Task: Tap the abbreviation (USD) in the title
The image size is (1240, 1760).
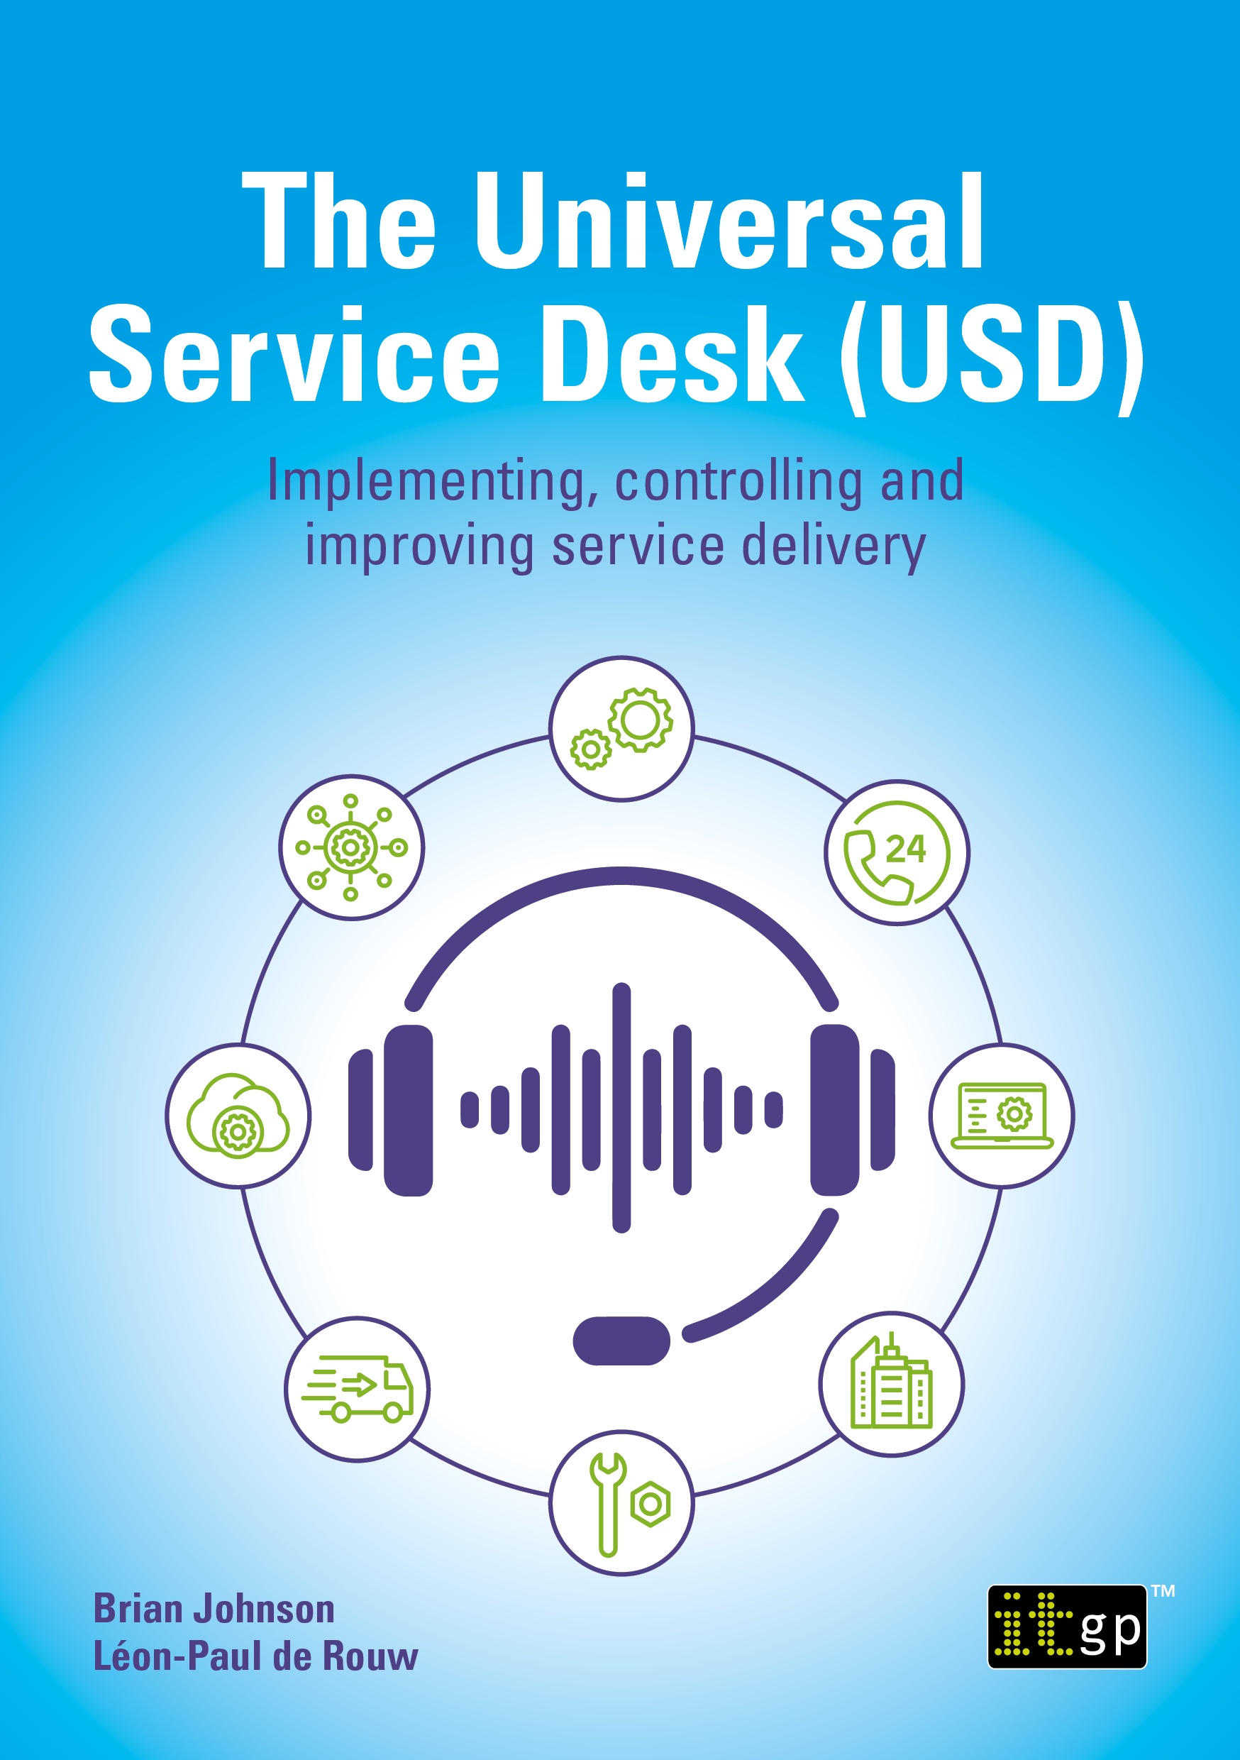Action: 992,356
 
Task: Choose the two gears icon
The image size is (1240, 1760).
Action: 621,728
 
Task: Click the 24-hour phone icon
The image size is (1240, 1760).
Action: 897,853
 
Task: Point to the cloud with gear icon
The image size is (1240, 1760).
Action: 238,1116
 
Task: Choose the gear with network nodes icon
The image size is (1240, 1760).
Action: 351,847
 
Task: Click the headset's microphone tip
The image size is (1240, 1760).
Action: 621,1341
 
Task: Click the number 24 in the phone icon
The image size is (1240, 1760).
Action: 906,849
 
